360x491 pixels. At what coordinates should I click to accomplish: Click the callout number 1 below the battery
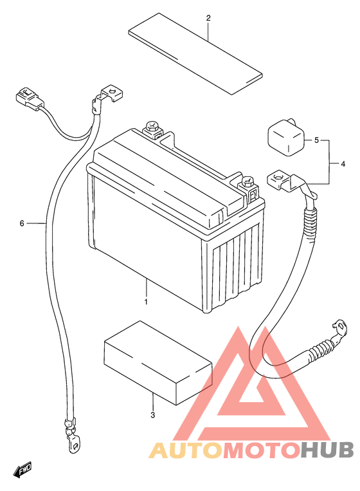tap(146, 302)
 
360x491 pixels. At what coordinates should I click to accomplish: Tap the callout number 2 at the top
tap(208, 18)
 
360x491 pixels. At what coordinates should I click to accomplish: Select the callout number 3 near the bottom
tap(152, 415)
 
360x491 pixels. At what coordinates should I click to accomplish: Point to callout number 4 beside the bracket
tap(343, 163)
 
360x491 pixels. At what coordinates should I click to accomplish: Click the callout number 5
tap(316, 140)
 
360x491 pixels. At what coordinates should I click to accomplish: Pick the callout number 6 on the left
tap(22, 223)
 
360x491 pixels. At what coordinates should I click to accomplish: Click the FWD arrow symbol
tap(22, 470)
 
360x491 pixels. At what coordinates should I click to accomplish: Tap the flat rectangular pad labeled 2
tap(195, 53)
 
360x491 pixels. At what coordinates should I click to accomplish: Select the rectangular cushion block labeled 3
tap(158, 362)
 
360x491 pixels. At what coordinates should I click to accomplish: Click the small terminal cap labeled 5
tap(285, 137)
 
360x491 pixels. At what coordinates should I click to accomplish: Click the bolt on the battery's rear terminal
tap(152, 128)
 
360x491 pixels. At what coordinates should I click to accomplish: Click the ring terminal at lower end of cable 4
tap(340, 328)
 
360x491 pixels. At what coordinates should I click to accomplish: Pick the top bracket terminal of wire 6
tap(109, 94)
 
